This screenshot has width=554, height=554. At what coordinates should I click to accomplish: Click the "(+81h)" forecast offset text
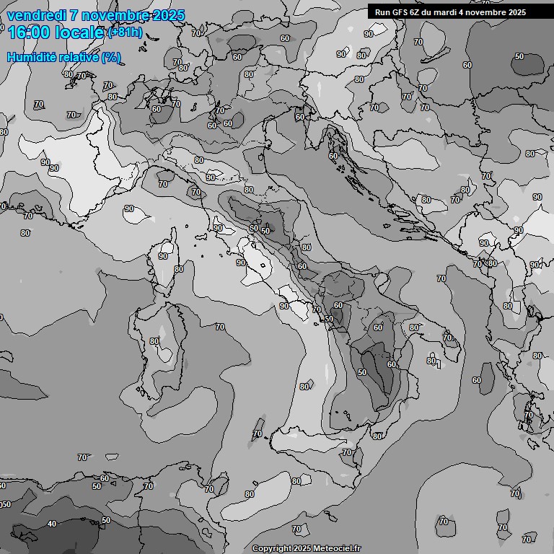[x=124, y=33]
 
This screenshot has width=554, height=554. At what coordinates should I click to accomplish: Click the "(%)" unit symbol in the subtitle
[x=111, y=57]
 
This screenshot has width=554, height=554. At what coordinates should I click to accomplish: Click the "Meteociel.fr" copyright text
[x=336, y=549]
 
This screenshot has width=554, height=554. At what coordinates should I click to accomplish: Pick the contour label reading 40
[x=52, y=524]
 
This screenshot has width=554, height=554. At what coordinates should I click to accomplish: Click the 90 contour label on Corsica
[x=163, y=256]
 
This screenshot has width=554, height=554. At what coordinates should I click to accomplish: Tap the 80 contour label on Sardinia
[x=154, y=341]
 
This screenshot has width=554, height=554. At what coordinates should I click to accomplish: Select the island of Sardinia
[x=161, y=353]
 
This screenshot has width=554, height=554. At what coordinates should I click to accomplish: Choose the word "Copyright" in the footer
[x=272, y=549]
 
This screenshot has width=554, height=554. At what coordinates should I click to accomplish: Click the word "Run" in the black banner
[x=382, y=12]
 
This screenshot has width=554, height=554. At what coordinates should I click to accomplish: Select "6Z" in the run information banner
[x=417, y=12]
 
